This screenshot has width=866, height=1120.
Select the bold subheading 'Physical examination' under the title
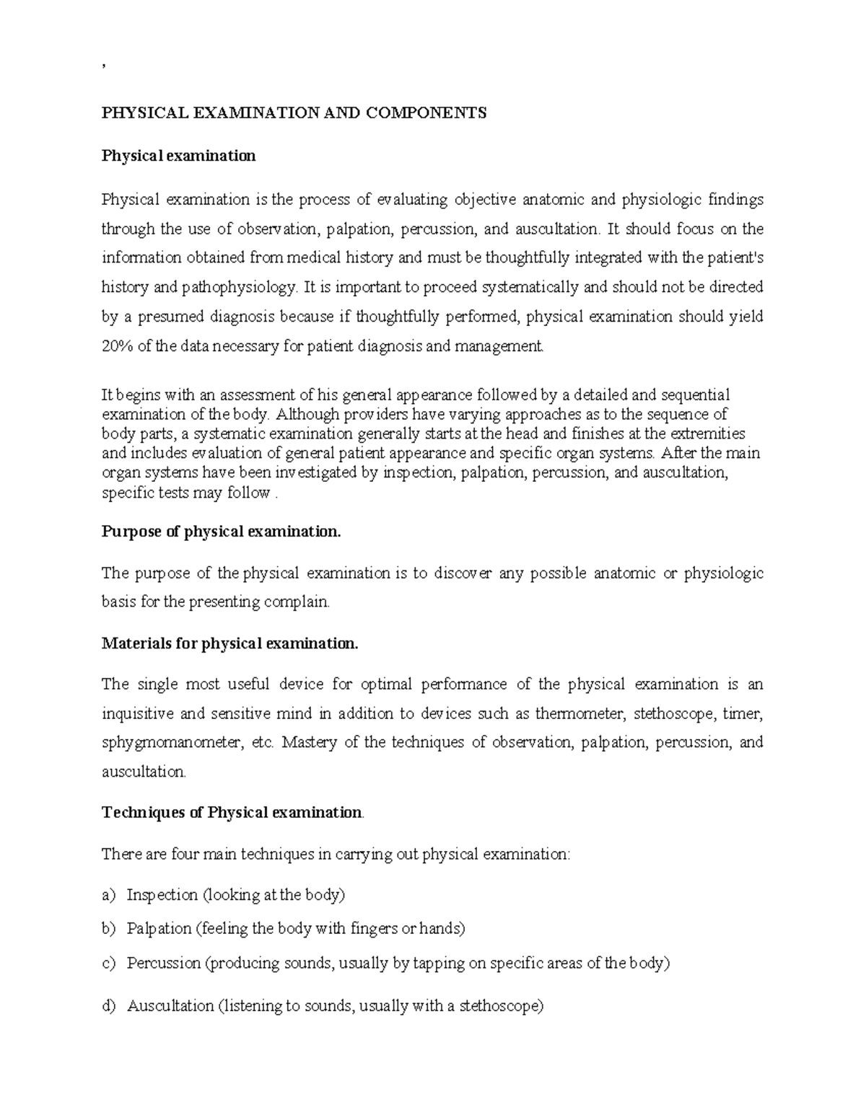(178, 156)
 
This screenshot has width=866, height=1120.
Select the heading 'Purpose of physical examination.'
(220, 532)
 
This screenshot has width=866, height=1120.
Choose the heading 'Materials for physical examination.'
(229, 643)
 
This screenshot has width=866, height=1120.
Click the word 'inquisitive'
(137, 714)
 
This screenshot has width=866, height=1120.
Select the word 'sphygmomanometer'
(170, 743)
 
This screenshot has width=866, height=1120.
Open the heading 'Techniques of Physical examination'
(232, 813)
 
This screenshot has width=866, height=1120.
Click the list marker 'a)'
(108, 895)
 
